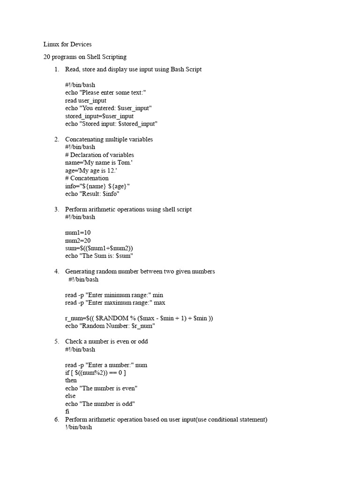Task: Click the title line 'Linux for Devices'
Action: pyautogui.click(x=67, y=45)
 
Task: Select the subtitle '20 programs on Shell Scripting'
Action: pyautogui.click(x=84, y=57)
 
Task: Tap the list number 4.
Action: pyautogui.click(x=57, y=271)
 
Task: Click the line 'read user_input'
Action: pyautogui.click(x=86, y=100)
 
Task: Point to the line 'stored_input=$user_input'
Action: pyautogui.click(x=99, y=116)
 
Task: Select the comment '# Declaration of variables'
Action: pyautogui.click(x=99, y=155)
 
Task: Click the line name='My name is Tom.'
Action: pyautogui.click(x=96, y=163)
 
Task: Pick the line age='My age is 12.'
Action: pyautogui.click(x=91, y=171)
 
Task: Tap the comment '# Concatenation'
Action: pyautogui.click(x=87, y=178)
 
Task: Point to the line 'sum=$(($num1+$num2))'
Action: pyautogui.click(x=103, y=248)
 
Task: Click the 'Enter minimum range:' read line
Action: pyautogui.click(x=114, y=295)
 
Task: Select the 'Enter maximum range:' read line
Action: pyautogui.click(x=115, y=303)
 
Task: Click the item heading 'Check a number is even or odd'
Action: pyautogui.click(x=110, y=341)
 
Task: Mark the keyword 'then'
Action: pyautogui.click(x=71, y=380)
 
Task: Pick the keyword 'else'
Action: pyautogui.click(x=70, y=396)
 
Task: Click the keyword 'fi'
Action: pyautogui.click(x=67, y=411)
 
